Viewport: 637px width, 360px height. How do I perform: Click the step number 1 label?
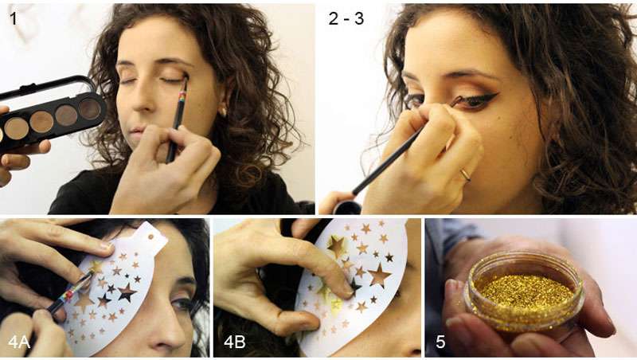(x=14, y=18)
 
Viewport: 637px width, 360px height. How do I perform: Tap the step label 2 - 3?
(x=346, y=18)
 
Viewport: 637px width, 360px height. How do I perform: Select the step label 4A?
(x=19, y=342)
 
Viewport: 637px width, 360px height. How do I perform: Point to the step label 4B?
(x=234, y=342)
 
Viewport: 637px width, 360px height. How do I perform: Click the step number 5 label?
(x=440, y=342)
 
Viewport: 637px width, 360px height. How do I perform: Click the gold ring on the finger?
(x=465, y=174)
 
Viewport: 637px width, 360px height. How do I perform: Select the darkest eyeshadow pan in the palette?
(x=89, y=109)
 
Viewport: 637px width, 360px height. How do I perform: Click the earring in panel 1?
(x=223, y=112)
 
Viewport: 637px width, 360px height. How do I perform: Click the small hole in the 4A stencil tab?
(x=150, y=237)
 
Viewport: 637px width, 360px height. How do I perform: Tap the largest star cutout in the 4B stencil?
(x=379, y=275)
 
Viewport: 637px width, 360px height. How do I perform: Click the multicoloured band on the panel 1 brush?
(x=182, y=96)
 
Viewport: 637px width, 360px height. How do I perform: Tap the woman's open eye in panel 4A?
(x=182, y=304)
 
